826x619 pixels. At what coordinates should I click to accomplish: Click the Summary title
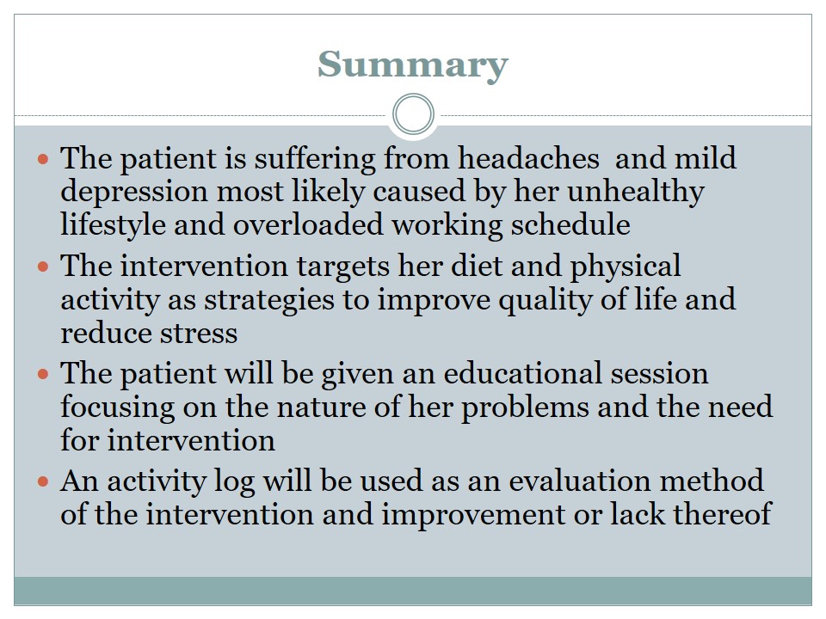point(412,65)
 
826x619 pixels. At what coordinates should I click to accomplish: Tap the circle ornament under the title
point(414,95)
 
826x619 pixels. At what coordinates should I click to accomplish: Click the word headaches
point(527,158)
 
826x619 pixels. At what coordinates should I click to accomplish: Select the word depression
point(134,193)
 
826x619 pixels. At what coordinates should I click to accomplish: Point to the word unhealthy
point(635,193)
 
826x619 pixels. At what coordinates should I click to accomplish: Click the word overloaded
point(308,224)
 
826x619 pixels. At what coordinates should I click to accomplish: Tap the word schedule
point(570,224)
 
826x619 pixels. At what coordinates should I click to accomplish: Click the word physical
point(626,267)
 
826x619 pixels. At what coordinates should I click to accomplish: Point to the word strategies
point(269,302)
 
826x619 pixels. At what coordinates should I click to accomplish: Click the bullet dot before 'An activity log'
point(43,481)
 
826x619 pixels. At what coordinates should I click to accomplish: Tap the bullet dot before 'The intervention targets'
point(43,267)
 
